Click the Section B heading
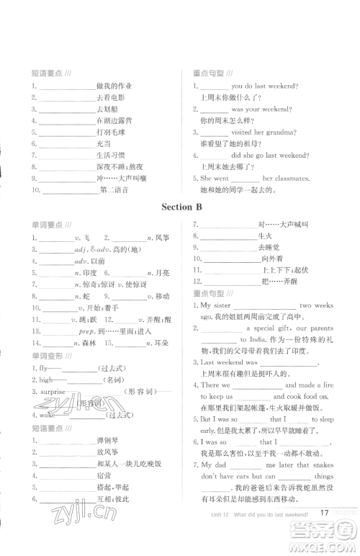pyautogui.click(x=181, y=207)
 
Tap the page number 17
pyautogui.click(x=325, y=533)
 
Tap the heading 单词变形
pyautogui.click(x=46, y=356)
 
